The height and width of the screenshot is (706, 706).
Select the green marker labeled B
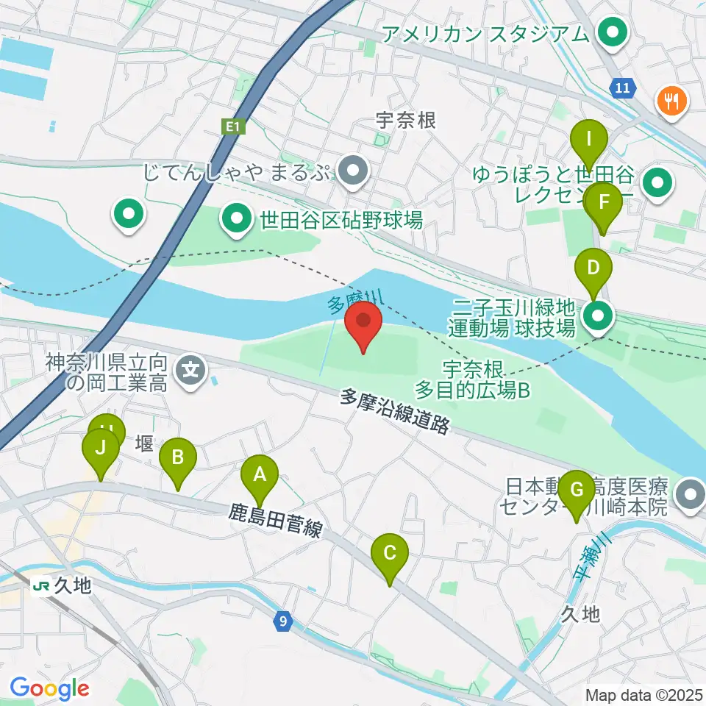pyautogui.click(x=177, y=458)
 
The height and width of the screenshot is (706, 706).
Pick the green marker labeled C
pyautogui.click(x=390, y=554)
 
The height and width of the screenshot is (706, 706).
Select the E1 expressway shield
pyautogui.click(x=233, y=127)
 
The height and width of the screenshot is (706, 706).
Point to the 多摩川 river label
pyautogui.click(x=346, y=303)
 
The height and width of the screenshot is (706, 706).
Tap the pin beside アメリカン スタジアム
pyautogui.click(x=611, y=33)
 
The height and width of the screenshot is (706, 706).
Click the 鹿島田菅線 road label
pyautogui.click(x=274, y=520)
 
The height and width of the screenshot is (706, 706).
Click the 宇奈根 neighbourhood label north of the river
pyautogui.click(x=405, y=119)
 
